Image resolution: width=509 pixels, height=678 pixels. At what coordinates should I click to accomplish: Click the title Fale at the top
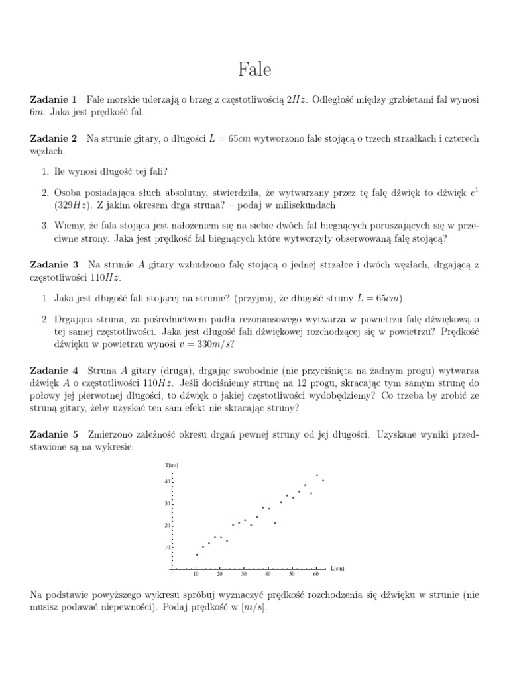pyautogui.click(x=254, y=70)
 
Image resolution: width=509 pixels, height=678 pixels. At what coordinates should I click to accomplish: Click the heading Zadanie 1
pyautogui.click(x=54, y=99)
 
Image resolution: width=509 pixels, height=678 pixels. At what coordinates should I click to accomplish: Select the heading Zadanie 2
pyautogui.click(x=54, y=138)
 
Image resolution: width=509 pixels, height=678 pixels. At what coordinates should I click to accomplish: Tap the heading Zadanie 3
pyautogui.click(x=54, y=264)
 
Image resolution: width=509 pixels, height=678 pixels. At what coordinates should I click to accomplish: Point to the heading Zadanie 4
pyautogui.click(x=54, y=370)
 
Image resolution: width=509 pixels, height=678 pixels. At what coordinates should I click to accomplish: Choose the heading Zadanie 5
pyautogui.click(x=54, y=434)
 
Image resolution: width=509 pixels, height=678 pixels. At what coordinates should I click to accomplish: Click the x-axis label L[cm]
pyautogui.click(x=337, y=569)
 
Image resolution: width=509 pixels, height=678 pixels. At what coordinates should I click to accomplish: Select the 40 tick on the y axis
pyautogui.click(x=167, y=481)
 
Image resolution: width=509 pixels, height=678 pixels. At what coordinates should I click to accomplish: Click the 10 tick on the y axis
pyautogui.click(x=167, y=548)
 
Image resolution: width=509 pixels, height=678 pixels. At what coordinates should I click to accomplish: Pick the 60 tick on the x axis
pyautogui.click(x=316, y=575)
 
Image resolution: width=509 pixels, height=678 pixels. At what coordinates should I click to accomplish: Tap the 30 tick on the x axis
pyautogui.click(x=244, y=575)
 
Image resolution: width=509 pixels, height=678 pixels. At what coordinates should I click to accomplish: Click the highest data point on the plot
pyautogui.click(x=317, y=475)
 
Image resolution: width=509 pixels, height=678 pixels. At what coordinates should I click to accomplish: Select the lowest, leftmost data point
pyautogui.click(x=197, y=554)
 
